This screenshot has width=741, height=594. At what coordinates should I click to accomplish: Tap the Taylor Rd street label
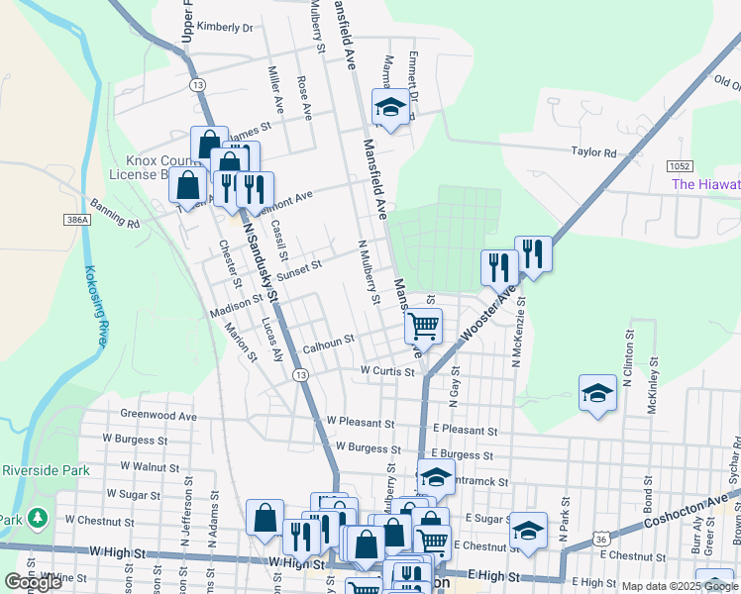coord(593,152)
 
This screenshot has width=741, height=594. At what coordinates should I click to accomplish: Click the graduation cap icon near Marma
coord(390,108)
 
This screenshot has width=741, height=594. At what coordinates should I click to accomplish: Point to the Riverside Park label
coord(46,470)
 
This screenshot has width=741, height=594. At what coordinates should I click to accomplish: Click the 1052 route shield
coord(679,166)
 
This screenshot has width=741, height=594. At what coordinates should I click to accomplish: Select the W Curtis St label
coord(386,371)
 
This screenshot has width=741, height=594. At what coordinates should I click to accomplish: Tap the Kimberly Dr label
coord(225,28)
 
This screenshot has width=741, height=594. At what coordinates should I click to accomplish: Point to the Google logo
coord(34,582)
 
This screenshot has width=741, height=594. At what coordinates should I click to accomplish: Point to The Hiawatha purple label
coord(705,184)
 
